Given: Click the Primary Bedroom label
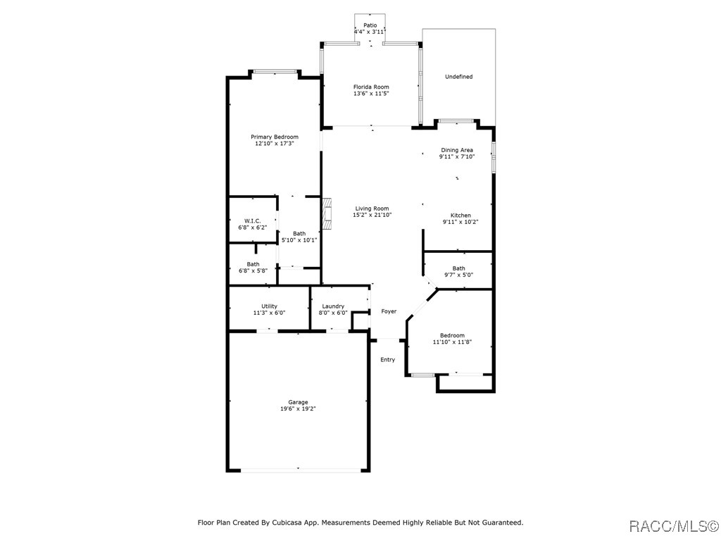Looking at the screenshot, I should (x=275, y=137).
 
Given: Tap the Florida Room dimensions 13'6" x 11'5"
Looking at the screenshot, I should (x=371, y=94).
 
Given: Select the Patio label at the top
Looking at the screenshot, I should (x=370, y=25).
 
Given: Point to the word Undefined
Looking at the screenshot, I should (x=458, y=77).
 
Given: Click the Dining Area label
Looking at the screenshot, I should (x=456, y=150).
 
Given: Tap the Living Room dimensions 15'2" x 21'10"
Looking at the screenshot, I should (x=372, y=216).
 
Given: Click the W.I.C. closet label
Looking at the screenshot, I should (x=253, y=221).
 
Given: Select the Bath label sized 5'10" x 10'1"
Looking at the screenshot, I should (x=299, y=233).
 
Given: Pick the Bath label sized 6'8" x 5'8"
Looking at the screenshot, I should (x=253, y=264).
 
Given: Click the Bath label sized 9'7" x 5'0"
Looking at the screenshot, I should (x=458, y=268).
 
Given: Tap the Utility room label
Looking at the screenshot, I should (x=269, y=306).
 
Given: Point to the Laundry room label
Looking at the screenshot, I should (x=333, y=306).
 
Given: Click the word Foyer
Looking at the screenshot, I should (x=389, y=311).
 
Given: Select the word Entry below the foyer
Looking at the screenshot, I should (x=388, y=360).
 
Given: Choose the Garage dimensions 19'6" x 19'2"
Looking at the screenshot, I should (x=297, y=409).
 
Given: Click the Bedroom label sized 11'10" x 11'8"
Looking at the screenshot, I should (x=452, y=335).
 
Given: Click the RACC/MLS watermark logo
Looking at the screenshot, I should (x=672, y=526).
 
